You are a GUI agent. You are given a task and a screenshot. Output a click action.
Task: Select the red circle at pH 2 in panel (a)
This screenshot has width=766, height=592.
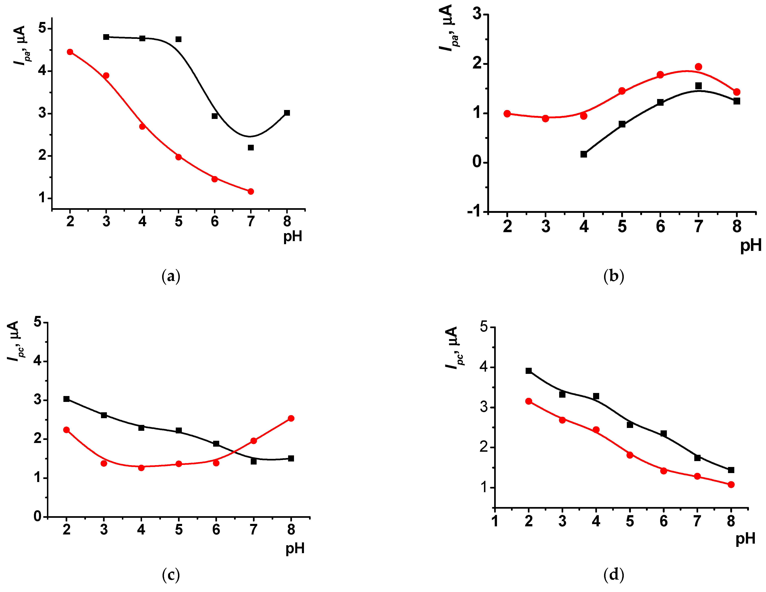point(70,52)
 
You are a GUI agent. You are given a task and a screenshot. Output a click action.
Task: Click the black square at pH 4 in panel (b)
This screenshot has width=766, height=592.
point(584,154)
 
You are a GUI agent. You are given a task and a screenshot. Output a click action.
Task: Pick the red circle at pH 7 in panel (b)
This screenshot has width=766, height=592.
point(698,67)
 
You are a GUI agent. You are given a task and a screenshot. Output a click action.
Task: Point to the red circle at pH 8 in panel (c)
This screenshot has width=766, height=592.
point(291,418)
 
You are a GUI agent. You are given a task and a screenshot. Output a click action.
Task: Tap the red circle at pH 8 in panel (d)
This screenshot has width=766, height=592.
point(731,484)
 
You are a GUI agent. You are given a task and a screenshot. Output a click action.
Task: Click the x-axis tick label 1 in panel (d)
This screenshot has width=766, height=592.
point(495,521)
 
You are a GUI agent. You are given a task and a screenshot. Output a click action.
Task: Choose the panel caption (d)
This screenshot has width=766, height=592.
point(614,575)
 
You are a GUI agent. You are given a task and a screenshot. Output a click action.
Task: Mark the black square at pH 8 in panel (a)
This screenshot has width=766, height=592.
point(287,113)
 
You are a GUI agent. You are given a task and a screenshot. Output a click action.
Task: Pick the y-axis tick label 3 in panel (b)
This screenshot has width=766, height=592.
point(477,14)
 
